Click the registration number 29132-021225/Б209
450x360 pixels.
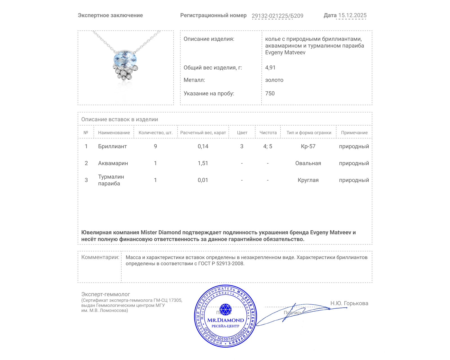point(277,16)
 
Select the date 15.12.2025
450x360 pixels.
point(352,15)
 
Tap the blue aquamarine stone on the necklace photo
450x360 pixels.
point(125,59)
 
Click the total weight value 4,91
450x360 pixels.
point(270,67)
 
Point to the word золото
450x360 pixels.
point(274,80)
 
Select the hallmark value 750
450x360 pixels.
point(270,93)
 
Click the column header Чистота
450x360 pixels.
point(268,132)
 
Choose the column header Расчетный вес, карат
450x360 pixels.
point(203,132)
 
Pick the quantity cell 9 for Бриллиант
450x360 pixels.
point(155,146)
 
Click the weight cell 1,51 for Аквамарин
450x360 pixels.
point(203,163)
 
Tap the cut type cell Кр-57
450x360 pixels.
point(308,146)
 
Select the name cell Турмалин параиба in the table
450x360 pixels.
point(111,180)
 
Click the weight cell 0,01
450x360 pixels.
point(203,180)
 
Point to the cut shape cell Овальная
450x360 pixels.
point(308,163)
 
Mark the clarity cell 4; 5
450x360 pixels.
point(268,146)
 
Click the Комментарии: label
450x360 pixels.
point(100,257)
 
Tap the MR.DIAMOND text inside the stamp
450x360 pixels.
point(226,320)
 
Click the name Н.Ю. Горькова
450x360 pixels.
point(349,303)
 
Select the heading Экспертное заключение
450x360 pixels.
point(110,15)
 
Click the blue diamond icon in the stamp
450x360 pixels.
point(225,309)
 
